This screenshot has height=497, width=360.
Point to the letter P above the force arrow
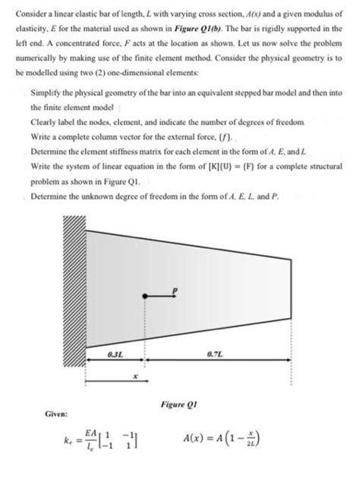[x=174, y=289]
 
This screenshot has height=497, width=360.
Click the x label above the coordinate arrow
[x=134, y=375]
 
